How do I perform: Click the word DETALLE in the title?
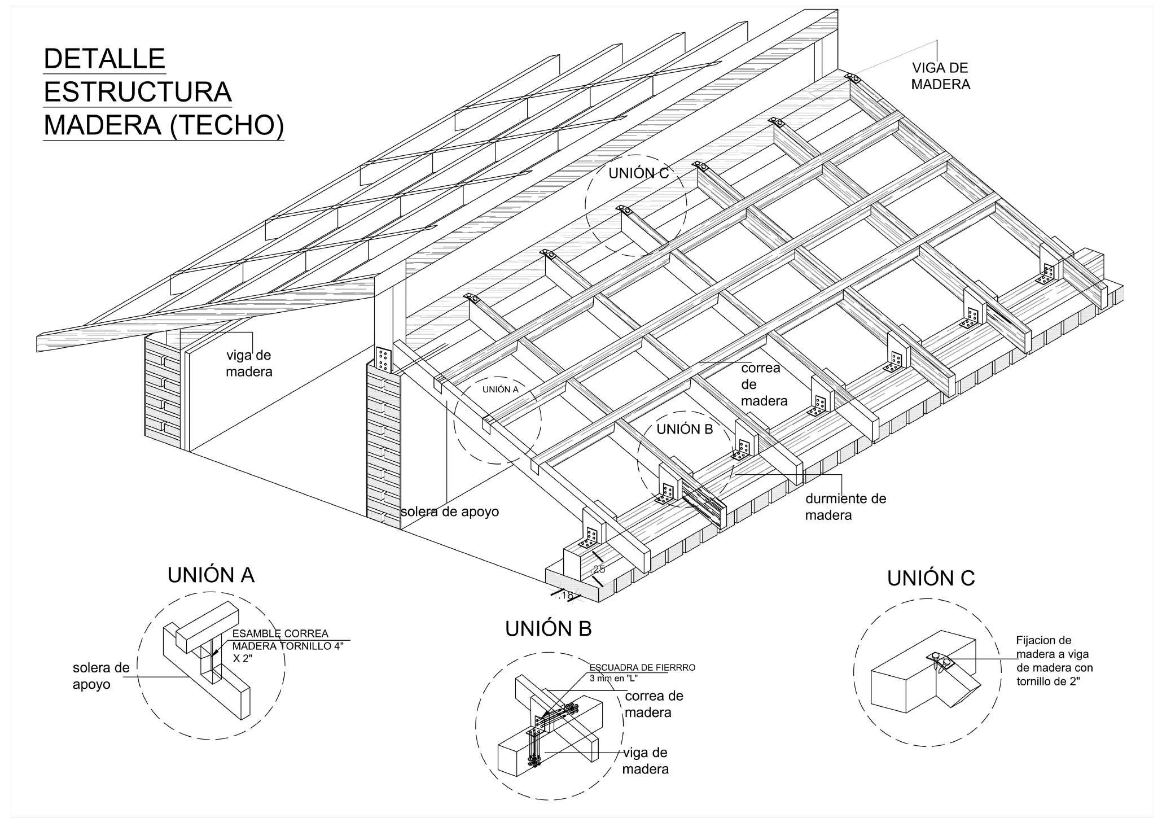(x=104, y=59)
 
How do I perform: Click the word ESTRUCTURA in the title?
(x=138, y=93)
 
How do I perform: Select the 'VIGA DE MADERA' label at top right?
(x=940, y=76)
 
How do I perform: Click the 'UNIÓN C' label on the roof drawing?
(x=638, y=173)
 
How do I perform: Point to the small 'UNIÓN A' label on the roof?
(x=500, y=389)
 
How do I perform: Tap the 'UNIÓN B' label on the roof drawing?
(x=685, y=429)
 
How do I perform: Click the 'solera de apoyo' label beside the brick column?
(x=450, y=512)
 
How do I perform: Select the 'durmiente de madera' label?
(x=845, y=506)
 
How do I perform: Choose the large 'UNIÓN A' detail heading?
(x=211, y=575)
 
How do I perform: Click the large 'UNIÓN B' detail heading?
(x=549, y=628)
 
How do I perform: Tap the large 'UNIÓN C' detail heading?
(x=931, y=578)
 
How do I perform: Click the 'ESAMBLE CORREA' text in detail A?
(x=280, y=633)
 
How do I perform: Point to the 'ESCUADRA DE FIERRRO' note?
(x=642, y=667)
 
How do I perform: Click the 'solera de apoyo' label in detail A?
(x=101, y=676)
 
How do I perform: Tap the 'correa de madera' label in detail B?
(x=654, y=703)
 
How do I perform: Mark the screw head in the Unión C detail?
(x=936, y=656)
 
